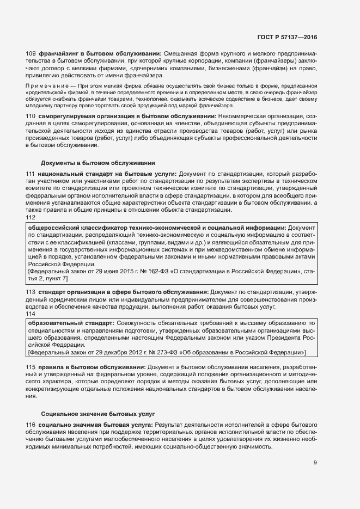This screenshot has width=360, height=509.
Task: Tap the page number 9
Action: click(x=315, y=463)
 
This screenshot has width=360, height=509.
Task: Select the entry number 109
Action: click(x=31, y=53)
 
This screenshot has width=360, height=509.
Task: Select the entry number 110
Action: click(x=31, y=117)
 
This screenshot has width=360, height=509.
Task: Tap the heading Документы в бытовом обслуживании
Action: click(x=98, y=163)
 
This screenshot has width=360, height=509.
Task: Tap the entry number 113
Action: click(x=31, y=292)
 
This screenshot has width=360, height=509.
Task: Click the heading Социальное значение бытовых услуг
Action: click(x=98, y=414)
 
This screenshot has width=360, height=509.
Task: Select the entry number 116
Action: click(x=31, y=424)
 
